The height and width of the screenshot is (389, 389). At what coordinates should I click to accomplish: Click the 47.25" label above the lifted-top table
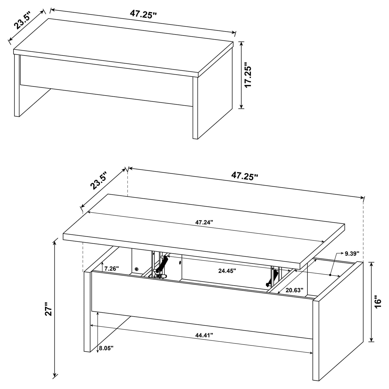coord(244,176)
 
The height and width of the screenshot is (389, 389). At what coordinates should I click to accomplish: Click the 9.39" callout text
coord(352,253)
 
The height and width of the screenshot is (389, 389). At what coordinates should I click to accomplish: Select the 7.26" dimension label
coord(111,268)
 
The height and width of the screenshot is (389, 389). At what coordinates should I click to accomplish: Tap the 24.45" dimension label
coord(227,271)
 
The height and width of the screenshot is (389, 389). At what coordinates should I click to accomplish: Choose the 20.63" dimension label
coord(294,290)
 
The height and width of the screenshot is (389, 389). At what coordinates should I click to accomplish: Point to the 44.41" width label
coord(204,335)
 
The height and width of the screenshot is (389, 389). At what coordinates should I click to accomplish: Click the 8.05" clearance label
coord(106,348)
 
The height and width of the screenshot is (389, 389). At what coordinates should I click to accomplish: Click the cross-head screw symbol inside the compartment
coord(136,269)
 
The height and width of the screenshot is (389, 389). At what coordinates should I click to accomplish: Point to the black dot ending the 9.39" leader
coord(330,275)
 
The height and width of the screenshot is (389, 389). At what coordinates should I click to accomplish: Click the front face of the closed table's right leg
coord(195,108)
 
